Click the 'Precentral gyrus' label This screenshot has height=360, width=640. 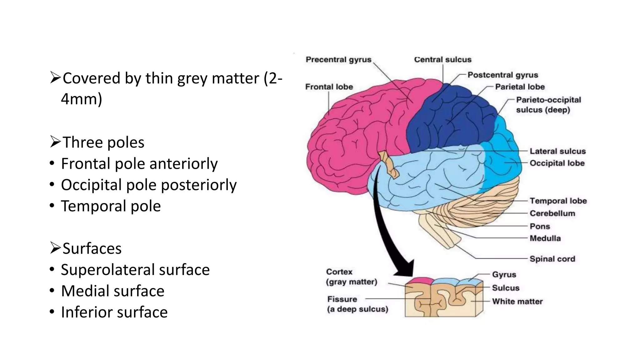[338, 60]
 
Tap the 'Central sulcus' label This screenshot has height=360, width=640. [442, 60]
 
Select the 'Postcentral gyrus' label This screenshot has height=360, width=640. [502, 75]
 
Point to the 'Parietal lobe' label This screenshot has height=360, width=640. [520, 87]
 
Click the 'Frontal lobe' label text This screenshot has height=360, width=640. [329, 87]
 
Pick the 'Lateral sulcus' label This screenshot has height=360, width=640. [557, 151]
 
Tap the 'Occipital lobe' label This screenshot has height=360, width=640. [557, 163]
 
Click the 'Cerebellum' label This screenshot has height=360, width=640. [552, 213]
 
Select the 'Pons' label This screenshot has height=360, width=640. [540, 226]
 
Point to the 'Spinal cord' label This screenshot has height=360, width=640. [552, 259]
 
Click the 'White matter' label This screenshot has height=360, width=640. [517, 302]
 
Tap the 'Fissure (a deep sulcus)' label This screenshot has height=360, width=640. [357, 304]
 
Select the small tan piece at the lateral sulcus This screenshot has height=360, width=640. [388, 164]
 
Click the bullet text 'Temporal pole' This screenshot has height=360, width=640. [111, 206]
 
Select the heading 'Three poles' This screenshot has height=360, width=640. [103, 142]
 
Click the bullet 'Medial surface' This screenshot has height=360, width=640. [112, 291]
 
